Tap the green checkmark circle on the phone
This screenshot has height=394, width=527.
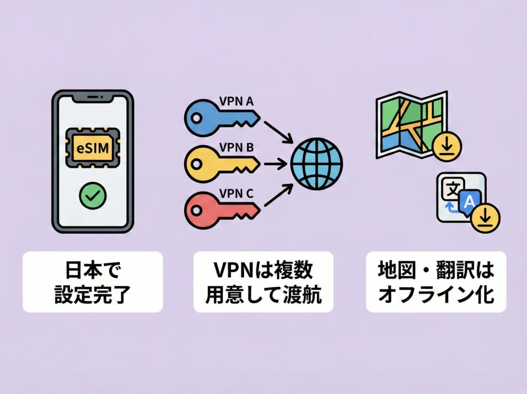pyautogui.click(x=93, y=196)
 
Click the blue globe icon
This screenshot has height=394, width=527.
pyautogui.click(x=316, y=164)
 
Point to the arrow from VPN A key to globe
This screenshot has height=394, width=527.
pyautogui.click(x=278, y=131)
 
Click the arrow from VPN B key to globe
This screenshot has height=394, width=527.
pyautogui.click(x=275, y=164)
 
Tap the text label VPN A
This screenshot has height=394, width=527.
pyautogui.click(x=236, y=101)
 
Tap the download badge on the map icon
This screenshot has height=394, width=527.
pyautogui.click(x=447, y=146)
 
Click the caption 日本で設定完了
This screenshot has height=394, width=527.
pyautogui.click(x=93, y=282)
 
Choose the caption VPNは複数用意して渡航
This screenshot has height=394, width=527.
pyautogui.click(x=263, y=282)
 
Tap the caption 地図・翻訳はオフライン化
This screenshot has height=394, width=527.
pyautogui.click(x=436, y=282)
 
